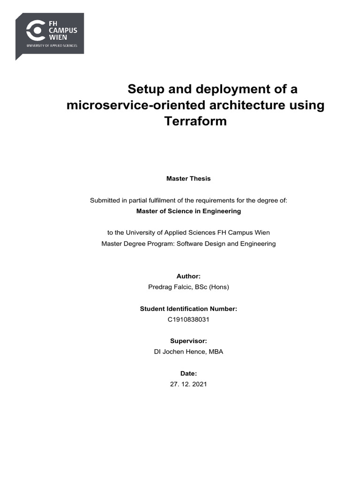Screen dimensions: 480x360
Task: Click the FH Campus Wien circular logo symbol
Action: point(35,31)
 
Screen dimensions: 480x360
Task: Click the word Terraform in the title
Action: point(195,121)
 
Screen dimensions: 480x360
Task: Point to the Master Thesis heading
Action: point(188,179)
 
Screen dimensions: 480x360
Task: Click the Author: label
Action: point(188,277)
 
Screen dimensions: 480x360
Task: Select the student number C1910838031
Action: point(188,319)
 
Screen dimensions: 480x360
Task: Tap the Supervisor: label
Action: point(188,341)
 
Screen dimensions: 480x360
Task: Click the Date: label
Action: point(188,374)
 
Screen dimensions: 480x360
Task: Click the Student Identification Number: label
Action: point(188,309)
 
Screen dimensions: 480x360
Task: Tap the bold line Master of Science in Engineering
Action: point(188,211)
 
